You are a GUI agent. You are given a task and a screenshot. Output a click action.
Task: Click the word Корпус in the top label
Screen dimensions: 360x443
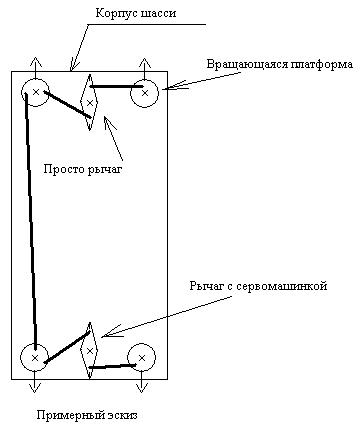(115, 14)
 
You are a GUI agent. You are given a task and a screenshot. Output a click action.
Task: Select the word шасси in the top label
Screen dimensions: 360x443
(158, 14)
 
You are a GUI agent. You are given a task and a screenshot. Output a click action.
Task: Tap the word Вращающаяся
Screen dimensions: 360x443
(247, 64)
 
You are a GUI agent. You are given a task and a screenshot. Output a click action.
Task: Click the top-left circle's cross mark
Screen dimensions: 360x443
(36, 92)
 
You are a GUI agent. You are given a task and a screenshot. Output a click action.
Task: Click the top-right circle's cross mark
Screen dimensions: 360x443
(145, 93)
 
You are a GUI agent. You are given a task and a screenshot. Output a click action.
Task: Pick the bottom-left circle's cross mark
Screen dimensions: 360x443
(35, 358)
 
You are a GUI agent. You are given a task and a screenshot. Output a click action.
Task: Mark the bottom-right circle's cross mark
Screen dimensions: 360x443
(142, 358)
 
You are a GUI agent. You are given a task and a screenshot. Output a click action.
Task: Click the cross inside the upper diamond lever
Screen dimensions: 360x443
(89, 103)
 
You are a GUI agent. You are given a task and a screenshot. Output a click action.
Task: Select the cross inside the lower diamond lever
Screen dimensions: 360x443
(89, 351)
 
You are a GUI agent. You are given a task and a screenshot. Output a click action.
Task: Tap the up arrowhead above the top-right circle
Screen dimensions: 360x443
(145, 62)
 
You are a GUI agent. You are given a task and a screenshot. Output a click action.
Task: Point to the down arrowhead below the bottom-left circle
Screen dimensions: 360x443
(35, 388)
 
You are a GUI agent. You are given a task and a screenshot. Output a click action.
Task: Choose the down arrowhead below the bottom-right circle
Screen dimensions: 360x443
(142, 388)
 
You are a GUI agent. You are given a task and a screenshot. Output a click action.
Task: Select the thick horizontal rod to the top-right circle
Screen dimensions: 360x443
(116, 86)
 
